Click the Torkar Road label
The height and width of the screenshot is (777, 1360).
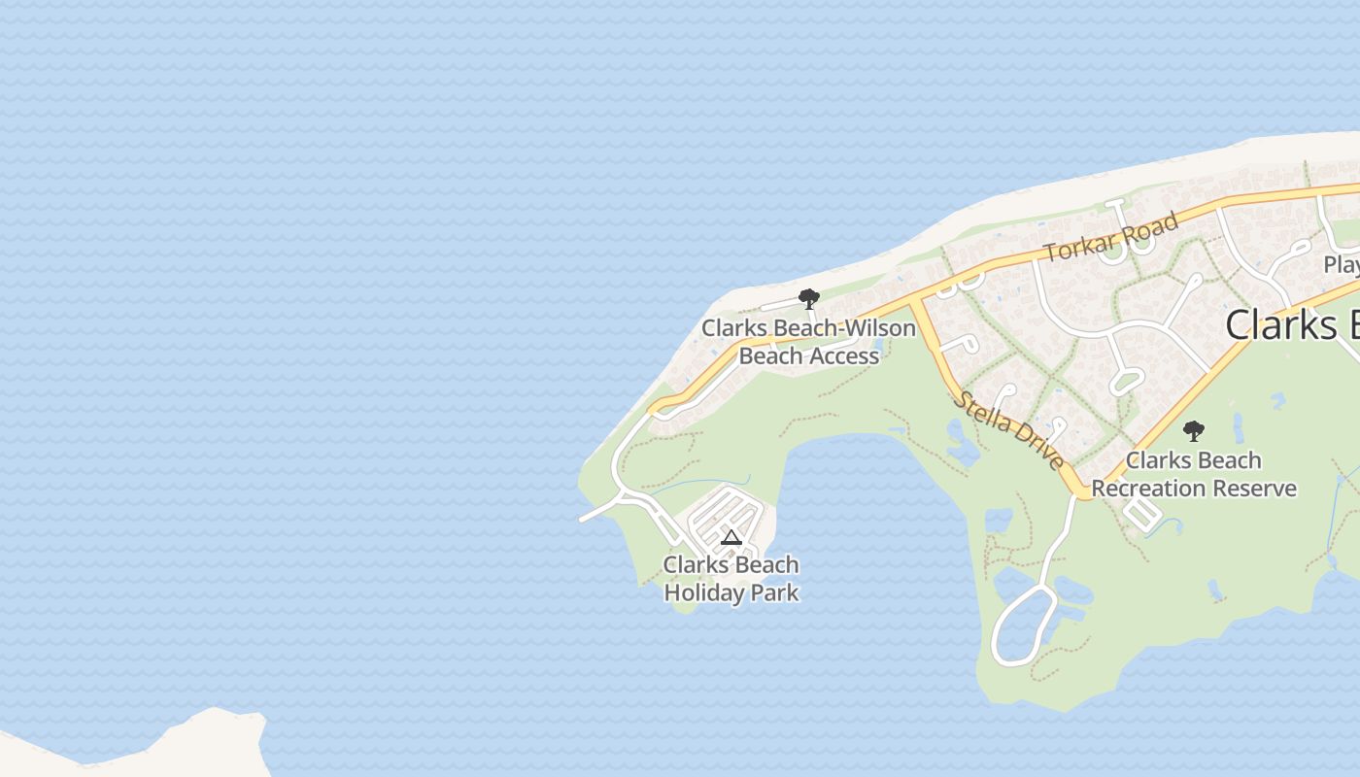click(x=1111, y=237)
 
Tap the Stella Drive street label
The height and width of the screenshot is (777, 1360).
click(x=1009, y=430)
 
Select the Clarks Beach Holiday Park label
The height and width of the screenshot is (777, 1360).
click(x=731, y=579)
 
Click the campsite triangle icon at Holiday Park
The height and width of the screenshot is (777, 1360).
click(x=731, y=538)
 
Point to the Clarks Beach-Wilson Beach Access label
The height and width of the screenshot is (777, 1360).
click(x=809, y=342)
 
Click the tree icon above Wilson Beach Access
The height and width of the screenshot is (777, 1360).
click(x=808, y=298)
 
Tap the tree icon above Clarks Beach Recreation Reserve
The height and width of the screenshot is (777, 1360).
click(x=1193, y=431)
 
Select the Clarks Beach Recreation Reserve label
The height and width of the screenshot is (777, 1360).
click(x=1194, y=474)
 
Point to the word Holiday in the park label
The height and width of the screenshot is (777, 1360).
click(x=701, y=592)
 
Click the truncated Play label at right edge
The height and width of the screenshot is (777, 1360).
click(x=1342, y=264)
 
